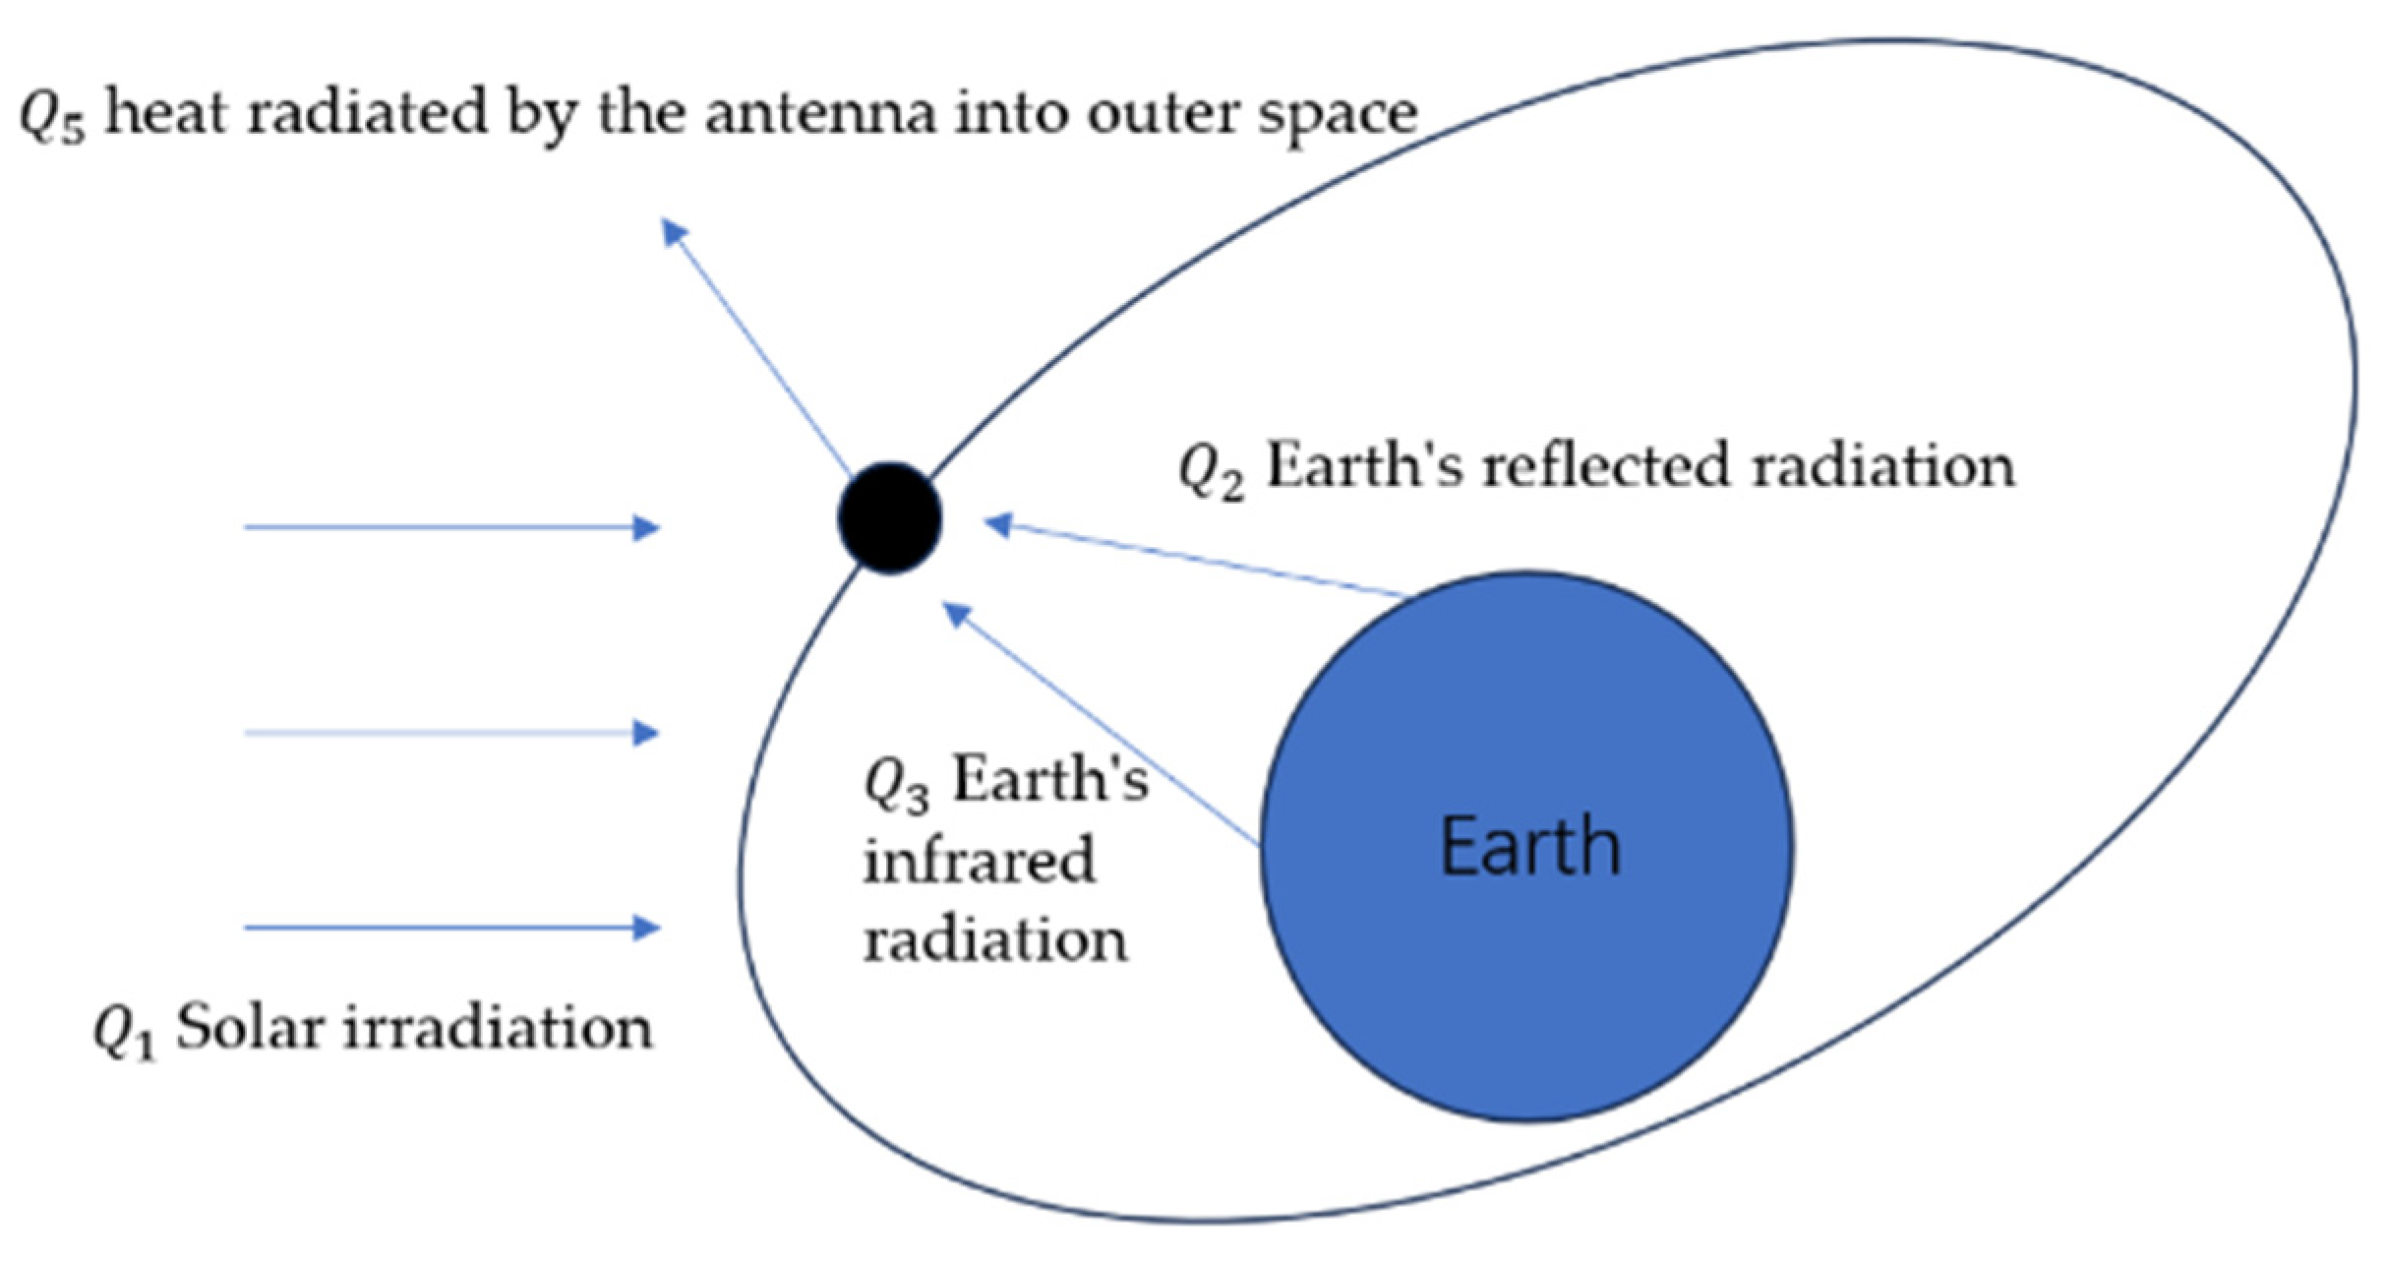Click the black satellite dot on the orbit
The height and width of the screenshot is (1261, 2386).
coord(890,517)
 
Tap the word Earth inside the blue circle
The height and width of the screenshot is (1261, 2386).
coord(1529,847)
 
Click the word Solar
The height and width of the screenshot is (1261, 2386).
coord(250,1029)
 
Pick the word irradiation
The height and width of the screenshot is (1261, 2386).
coord(496,1029)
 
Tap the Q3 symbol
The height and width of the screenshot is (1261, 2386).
coord(895,786)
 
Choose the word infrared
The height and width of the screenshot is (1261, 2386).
coord(979,861)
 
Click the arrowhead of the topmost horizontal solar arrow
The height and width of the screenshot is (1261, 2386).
coord(646,528)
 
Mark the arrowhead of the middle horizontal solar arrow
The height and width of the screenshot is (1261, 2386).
coord(646,733)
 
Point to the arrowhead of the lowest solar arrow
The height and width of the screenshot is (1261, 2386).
coord(646,928)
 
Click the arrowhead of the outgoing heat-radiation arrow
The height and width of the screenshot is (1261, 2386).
coord(674,232)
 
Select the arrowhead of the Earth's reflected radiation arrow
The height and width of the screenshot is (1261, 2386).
coord(998,524)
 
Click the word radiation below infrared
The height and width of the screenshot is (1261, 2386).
coord(995,940)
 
